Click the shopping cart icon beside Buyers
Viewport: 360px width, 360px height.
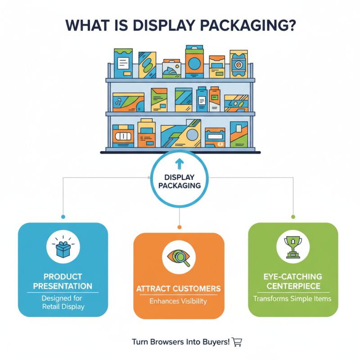pyautogui.click(x=237, y=342)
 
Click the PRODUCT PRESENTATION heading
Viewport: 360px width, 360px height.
pyautogui.click(x=63, y=281)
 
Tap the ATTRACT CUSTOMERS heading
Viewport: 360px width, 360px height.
pyautogui.click(x=179, y=288)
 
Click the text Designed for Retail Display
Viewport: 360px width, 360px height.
pyautogui.click(x=63, y=302)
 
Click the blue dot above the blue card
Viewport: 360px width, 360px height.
pyautogui.click(x=63, y=217)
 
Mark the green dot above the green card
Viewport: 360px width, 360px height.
pyautogui.click(x=293, y=217)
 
